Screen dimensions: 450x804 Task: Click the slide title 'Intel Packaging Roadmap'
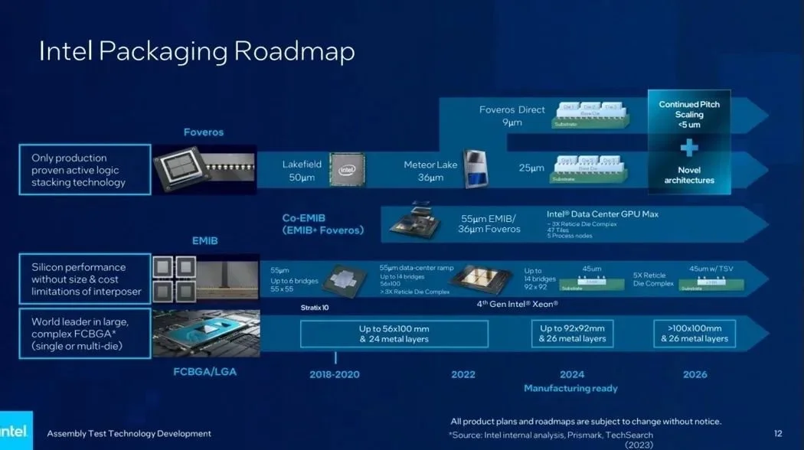[197, 51]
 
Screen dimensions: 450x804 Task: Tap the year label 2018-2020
[335, 374]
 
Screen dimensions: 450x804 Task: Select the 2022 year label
[462, 374]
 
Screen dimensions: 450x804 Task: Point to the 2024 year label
[571, 374]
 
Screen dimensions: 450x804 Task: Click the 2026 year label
[695, 374]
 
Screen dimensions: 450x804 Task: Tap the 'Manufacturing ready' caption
[570, 389]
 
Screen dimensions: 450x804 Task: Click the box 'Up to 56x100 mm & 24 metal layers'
[394, 334]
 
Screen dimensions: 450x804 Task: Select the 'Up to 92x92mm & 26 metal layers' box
[572, 334]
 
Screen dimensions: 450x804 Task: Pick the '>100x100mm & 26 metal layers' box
[695, 334]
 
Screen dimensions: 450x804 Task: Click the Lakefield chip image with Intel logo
[347, 169]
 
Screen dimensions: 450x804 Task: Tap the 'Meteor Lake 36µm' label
[430, 171]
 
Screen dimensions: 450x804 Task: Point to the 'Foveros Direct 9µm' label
[511, 115]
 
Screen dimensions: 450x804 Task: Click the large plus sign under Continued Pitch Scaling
[689, 148]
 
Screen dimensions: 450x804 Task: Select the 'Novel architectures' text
[689, 175]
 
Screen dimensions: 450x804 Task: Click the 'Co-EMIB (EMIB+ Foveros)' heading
[322, 223]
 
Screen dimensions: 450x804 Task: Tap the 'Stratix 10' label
[314, 307]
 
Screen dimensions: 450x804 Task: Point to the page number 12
[778, 434]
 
